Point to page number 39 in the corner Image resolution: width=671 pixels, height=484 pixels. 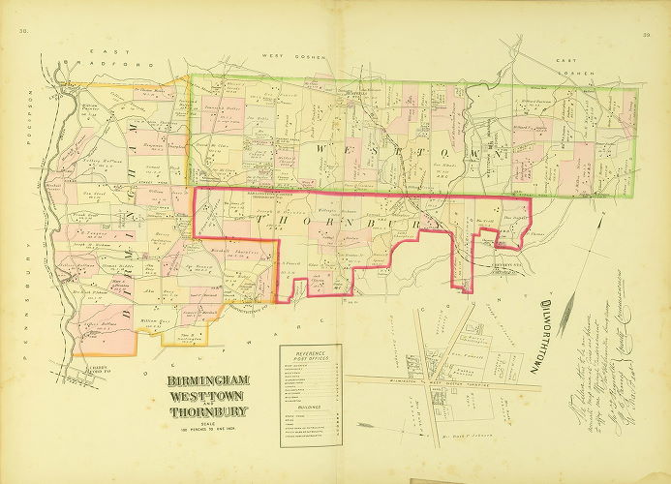click(x=645, y=35)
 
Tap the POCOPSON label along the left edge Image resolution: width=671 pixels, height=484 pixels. click(x=31, y=112)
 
